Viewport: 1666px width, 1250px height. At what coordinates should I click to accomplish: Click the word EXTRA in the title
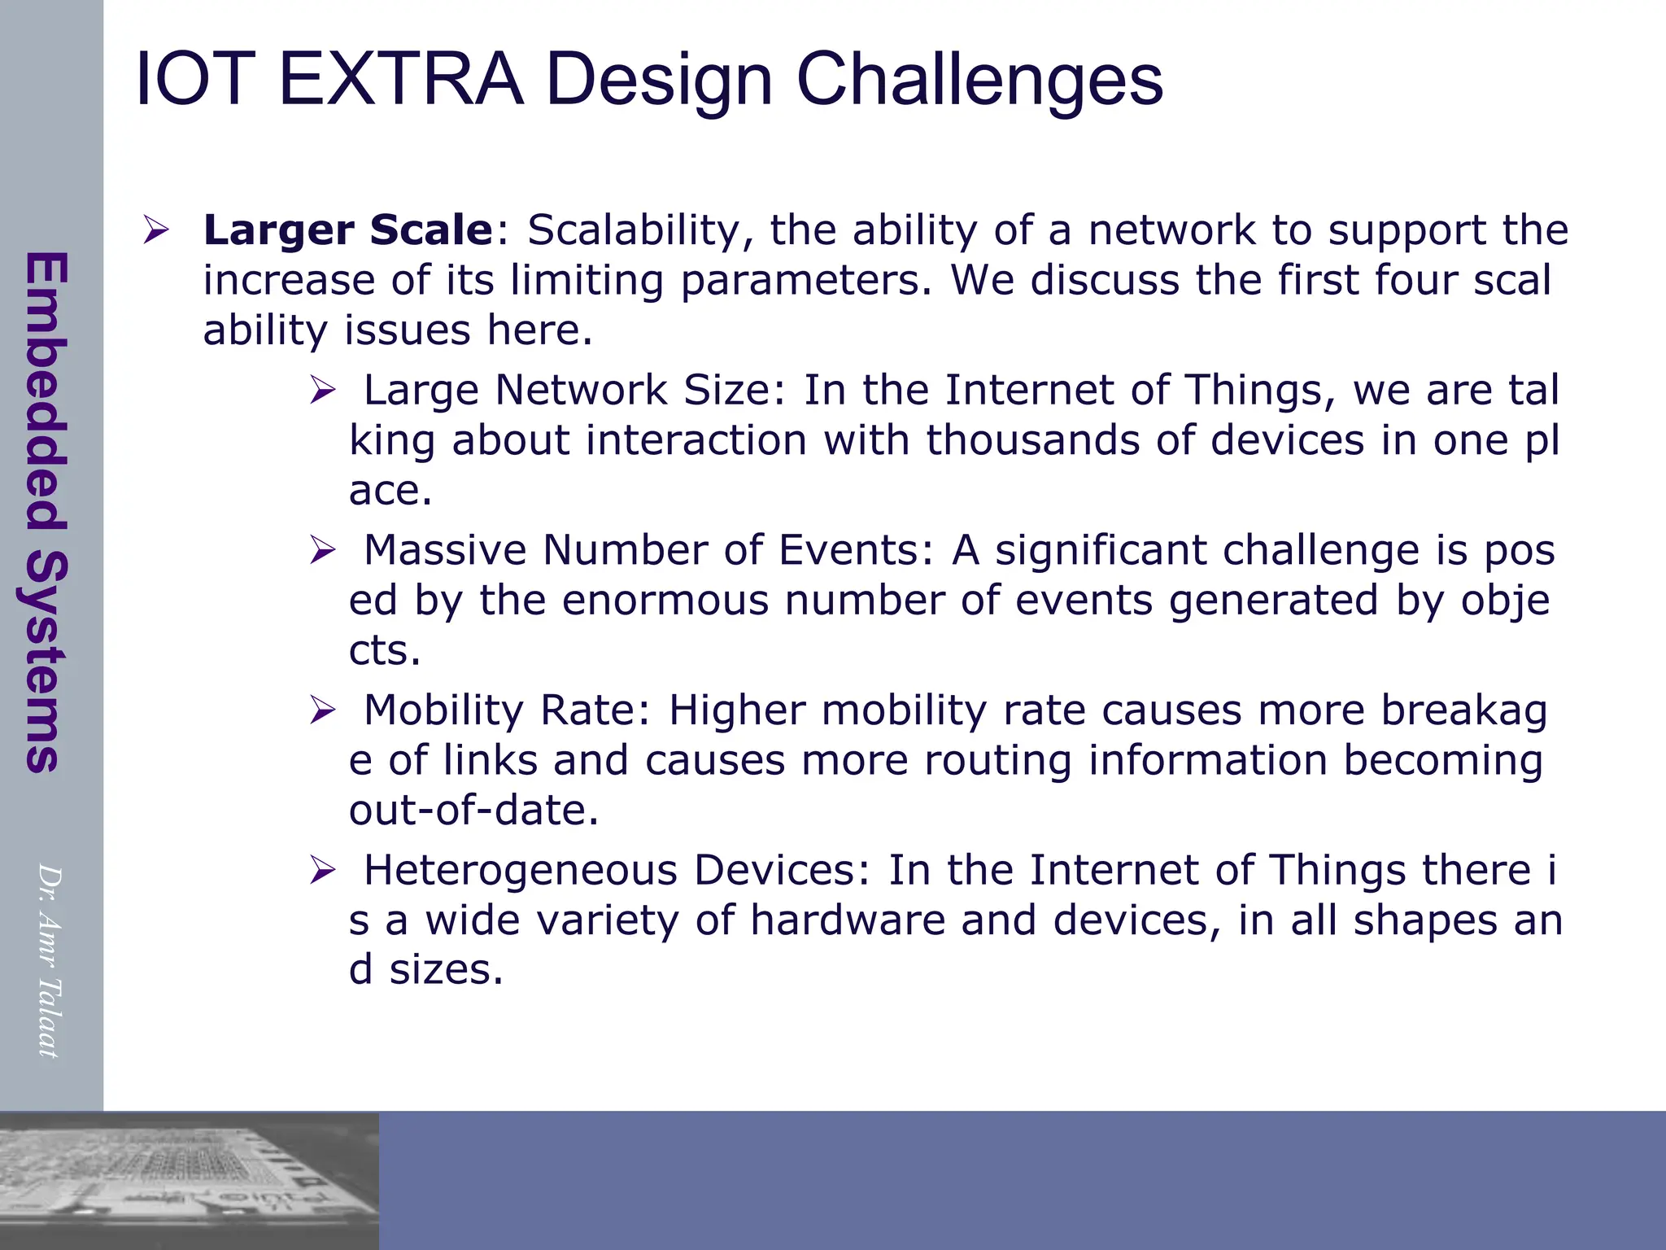[400, 80]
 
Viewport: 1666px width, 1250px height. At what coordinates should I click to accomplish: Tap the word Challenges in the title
[979, 80]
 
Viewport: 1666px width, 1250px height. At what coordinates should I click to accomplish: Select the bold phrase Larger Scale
[348, 229]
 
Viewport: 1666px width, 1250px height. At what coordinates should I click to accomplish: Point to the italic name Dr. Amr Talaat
[49, 960]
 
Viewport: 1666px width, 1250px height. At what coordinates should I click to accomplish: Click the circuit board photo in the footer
[189, 1180]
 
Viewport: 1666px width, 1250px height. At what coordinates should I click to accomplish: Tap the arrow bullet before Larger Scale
[155, 230]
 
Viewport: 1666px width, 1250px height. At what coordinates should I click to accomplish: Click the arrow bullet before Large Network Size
[322, 391]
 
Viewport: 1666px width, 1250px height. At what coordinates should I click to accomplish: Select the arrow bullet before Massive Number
[322, 551]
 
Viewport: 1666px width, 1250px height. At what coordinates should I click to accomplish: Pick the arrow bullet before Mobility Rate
[322, 710]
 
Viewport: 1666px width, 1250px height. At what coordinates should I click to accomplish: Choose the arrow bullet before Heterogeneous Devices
[322, 871]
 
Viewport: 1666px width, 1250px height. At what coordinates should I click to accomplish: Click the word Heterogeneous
[521, 870]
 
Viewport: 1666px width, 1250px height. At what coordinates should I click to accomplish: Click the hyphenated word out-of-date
[473, 810]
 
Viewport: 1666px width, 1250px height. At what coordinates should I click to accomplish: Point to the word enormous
[665, 601]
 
